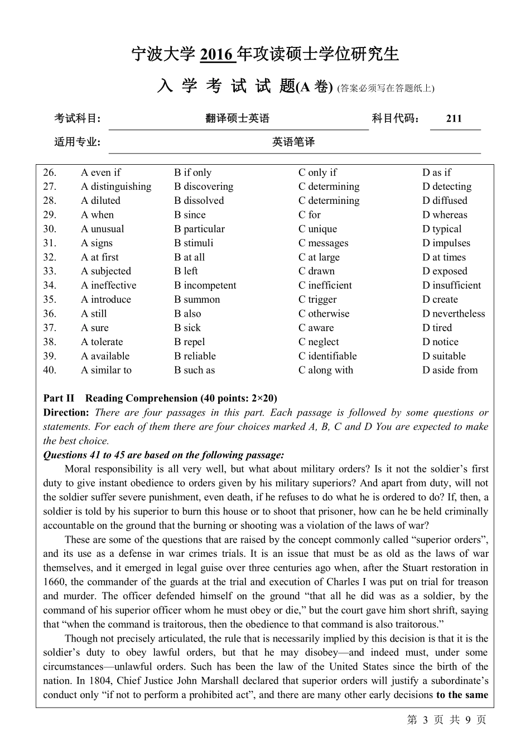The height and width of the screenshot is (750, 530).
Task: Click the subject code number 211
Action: coord(454,118)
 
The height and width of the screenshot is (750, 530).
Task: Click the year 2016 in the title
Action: coord(216,54)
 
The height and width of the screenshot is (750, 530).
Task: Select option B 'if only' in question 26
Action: coord(193,173)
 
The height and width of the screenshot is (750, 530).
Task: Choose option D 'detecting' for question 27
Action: coord(447,187)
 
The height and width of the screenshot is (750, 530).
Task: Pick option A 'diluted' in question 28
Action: coord(100,200)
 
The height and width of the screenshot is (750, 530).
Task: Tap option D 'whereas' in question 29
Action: coord(445,215)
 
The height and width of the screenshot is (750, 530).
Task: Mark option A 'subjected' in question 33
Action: coord(106,271)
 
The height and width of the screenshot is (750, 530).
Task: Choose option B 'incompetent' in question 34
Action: coord(205,285)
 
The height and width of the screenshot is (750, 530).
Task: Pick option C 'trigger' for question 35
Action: coord(317,299)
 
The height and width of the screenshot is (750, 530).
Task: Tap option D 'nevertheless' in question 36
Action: coord(454,314)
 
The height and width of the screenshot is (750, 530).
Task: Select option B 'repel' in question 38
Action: coord(190,342)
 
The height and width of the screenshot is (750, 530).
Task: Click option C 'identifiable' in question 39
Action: coord(327,356)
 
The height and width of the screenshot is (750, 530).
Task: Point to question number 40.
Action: coord(50,370)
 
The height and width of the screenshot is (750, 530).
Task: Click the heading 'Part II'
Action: coord(59,398)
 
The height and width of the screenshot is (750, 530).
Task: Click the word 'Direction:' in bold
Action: coord(66,413)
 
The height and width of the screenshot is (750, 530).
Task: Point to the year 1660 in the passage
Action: coord(54,582)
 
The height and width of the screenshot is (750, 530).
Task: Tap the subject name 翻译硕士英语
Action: coord(238,118)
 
